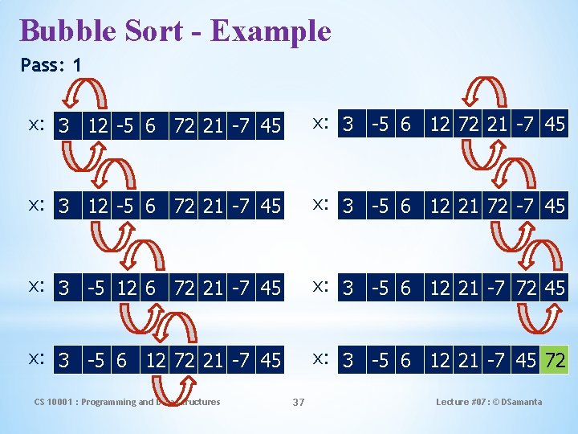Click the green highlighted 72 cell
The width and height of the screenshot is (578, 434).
tap(555, 361)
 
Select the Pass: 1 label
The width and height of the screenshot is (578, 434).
tap(51, 65)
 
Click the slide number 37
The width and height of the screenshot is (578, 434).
tap(298, 402)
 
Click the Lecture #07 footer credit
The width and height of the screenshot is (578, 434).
tap(489, 402)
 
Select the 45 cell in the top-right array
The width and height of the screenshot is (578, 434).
tap(555, 125)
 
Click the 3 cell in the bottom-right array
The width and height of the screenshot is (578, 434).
tap(348, 361)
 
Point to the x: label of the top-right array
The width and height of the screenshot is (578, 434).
tap(320, 123)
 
